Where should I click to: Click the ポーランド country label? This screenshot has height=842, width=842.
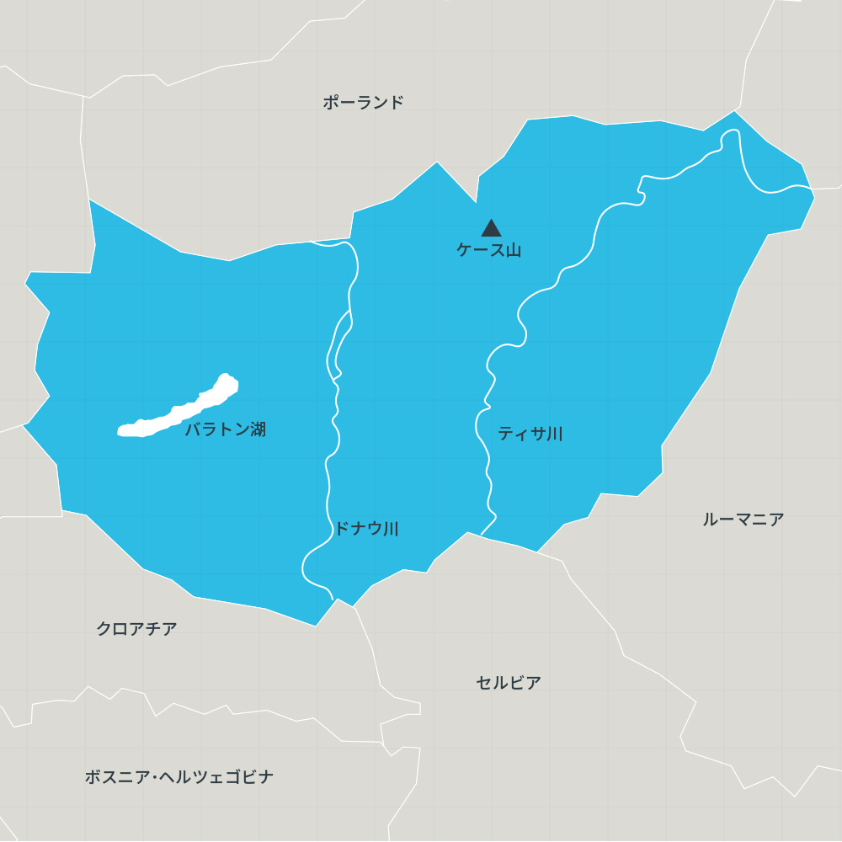point(363,103)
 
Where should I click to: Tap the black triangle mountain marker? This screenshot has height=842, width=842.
point(491,228)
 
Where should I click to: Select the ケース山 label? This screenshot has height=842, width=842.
point(488,250)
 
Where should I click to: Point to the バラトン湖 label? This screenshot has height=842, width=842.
point(225,429)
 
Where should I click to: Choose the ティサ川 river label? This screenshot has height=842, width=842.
point(530,434)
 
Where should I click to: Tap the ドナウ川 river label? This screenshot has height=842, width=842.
point(366,529)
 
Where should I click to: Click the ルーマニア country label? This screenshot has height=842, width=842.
point(743,520)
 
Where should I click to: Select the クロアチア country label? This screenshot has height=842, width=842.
point(136,629)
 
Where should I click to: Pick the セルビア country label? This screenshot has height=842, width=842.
point(508,683)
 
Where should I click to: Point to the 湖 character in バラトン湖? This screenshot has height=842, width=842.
point(258,429)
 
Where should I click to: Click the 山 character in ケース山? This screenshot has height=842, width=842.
point(513,250)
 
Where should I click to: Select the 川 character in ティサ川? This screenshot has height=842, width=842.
point(554,434)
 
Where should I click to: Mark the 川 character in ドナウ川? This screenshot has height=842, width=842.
point(391,529)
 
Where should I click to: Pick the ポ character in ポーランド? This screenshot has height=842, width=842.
point(331,103)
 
